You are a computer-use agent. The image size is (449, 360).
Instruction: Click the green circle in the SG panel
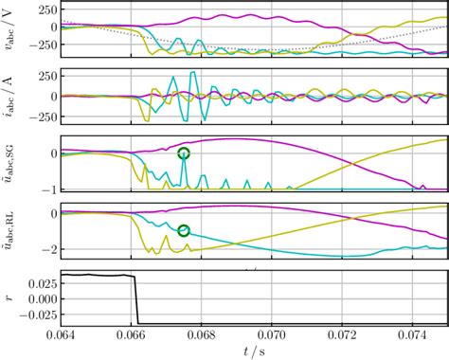pos(184,153)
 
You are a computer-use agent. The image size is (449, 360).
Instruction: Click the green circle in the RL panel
pos(184,230)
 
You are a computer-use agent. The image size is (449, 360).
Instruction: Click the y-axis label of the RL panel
pos(11,233)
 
